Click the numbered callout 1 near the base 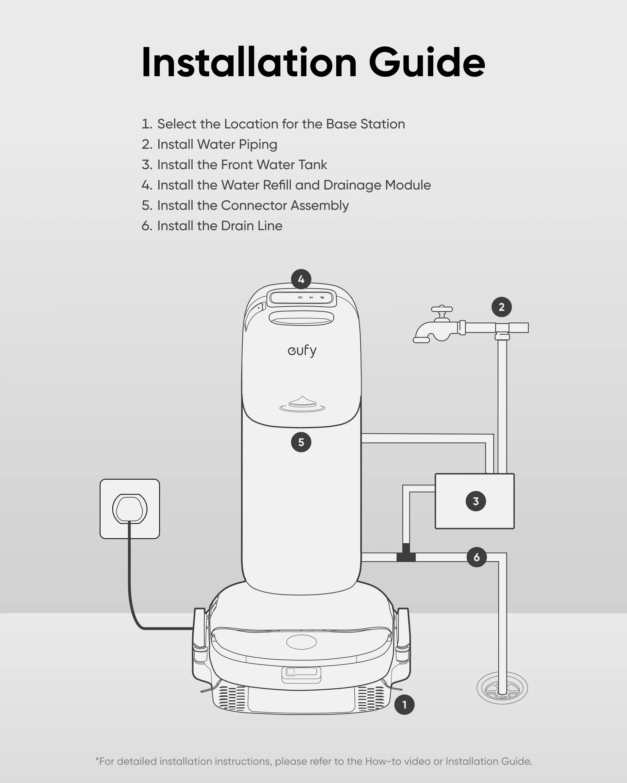(404, 705)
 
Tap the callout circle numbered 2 (502, 307)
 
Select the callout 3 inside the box (476, 501)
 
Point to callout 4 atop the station (301, 279)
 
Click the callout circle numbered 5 (301, 442)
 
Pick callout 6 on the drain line (476, 557)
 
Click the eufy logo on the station (302, 351)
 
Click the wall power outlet (130, 509)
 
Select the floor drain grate (502, 688)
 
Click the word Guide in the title (427, 62)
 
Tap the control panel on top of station (302, 299)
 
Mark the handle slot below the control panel (301, 318)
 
